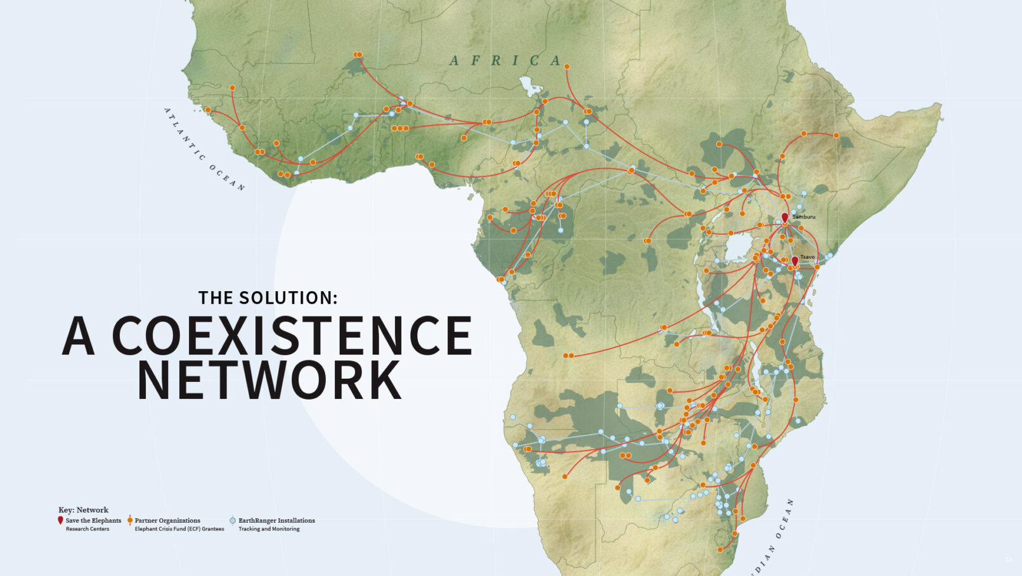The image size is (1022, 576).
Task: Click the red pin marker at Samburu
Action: pos(784,217)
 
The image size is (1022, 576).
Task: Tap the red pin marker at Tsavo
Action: pos(794,261)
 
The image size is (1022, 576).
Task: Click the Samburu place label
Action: pos(804,217)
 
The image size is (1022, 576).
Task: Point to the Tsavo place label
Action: pos(807,257)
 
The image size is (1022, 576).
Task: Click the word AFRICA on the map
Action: pos(506,61)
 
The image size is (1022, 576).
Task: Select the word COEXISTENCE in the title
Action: pos(292,336)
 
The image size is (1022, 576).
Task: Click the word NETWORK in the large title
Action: pos(269,381)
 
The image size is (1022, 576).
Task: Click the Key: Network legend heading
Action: pos(83,510)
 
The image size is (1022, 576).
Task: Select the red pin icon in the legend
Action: pos(60,520)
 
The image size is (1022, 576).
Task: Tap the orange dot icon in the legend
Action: pos(130,520)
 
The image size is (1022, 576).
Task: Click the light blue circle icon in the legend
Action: pos(233,521)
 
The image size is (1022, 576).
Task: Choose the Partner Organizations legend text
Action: pos(167,521)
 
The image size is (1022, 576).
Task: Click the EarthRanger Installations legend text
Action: pos(276,521)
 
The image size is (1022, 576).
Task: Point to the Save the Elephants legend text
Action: pos(93,521)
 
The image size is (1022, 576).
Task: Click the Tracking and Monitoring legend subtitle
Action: pos(269,529)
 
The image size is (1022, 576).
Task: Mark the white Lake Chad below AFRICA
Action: pos(526,84)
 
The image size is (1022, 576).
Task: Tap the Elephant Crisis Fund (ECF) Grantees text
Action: pos(179,529)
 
